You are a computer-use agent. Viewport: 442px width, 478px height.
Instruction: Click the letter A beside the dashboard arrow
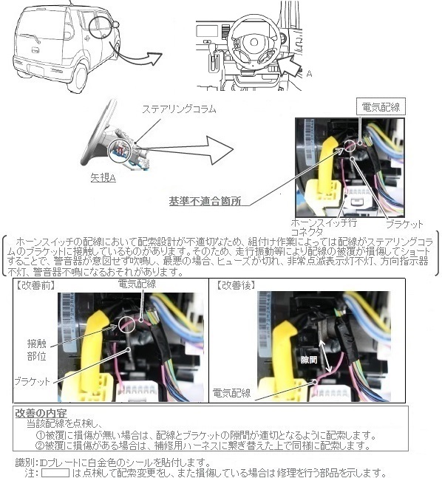tap(309, 73)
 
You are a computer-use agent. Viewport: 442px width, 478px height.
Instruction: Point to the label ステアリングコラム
tap(180, 109)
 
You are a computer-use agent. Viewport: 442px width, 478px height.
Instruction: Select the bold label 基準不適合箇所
tap(200, 200)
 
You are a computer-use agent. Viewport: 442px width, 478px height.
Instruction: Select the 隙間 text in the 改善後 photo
tap(308, 358)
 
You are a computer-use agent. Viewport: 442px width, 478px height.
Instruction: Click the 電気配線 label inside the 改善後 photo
tap(231, 392)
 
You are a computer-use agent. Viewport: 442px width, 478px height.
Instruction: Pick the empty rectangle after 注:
tap(55, 472)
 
